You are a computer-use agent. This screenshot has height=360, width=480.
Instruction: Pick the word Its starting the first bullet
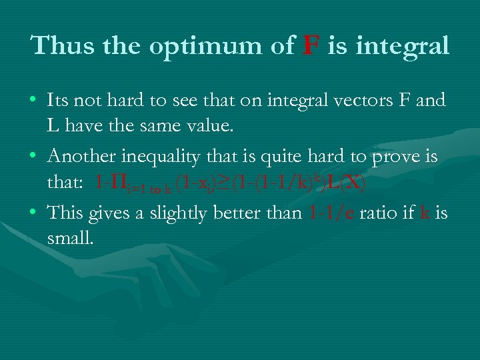click(59, 101)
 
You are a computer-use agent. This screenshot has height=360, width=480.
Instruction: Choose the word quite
click(288, 158)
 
